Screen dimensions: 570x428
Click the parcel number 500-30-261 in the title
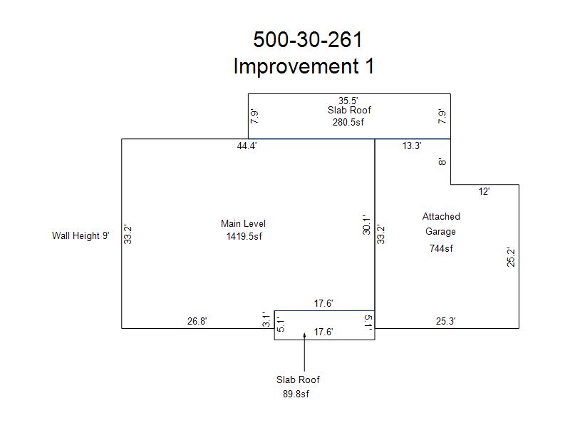click(308, 39)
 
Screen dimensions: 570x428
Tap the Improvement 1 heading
click(304, 66)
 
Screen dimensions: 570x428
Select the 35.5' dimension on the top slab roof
click(348, 101)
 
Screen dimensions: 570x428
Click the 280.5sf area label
click(348, 122)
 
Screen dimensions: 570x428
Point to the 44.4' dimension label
click(247, 146)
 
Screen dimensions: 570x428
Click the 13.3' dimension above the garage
click(412, 146)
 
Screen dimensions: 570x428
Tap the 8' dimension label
click(442, 162)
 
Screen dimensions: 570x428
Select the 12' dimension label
click(484, 192)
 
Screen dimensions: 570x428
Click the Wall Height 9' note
click(81, 236)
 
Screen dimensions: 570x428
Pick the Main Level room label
click(243, 223)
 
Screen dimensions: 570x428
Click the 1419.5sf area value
click(244, 237)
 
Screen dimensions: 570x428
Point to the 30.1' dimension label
click(366, 225)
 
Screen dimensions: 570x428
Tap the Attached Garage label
click(441, 224)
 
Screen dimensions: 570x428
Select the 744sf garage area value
click(441, 248)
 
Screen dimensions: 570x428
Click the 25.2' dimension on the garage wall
click(511, 258)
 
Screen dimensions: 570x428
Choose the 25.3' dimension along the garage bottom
click(446, 322)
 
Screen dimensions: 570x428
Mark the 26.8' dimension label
click(197, 322)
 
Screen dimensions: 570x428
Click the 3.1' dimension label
click(266, 320)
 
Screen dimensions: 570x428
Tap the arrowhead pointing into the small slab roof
click(305, 335)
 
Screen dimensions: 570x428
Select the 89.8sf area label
click(296, 394)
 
